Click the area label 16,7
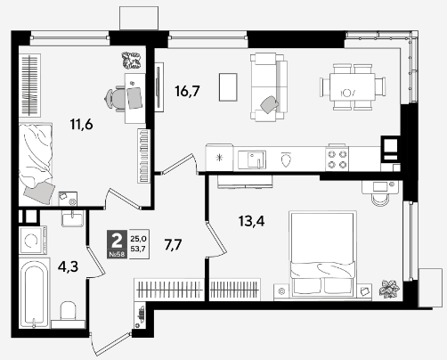[187, 91]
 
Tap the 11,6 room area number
[82, 124]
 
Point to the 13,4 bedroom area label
[251, 221]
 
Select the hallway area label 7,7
[173, 245]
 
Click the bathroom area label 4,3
[69, 266]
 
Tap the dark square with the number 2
[117, 240]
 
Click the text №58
[117, 254]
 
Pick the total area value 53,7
[138, 249]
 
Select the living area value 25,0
[138, 238]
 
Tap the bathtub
[34, 293]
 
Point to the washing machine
[33, 241]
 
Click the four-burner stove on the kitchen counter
[337, 159]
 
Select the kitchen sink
[252, 160]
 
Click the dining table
[353, 87]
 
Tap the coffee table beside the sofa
[228, 87]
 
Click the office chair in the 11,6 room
[116, 98]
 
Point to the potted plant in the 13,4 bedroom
[389, 289]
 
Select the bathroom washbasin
[72, 218]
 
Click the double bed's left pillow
[307, 286]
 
